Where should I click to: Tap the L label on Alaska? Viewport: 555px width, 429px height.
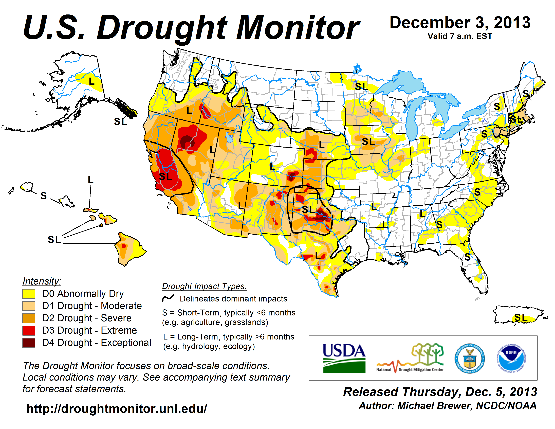pos(92,81)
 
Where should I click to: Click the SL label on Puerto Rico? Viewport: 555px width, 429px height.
pos(521,317)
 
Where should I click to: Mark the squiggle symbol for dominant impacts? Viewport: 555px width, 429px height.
pos(168,298)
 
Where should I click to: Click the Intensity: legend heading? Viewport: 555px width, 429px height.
pos(42,281)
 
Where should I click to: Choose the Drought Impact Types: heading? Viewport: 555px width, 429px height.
pos(204,286)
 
